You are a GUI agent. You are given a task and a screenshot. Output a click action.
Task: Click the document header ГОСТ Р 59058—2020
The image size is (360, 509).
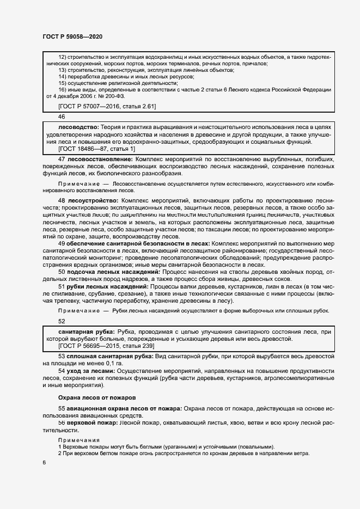[x=72, y=36]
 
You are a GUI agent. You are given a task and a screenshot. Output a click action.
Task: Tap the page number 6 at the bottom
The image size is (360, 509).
[x=45, y=463]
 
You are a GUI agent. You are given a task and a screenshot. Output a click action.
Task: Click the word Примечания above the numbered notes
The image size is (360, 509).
[x=79, y=439]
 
